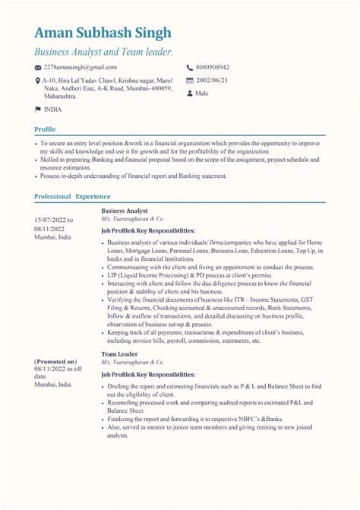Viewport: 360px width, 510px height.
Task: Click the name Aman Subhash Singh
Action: click(x=103, y=33)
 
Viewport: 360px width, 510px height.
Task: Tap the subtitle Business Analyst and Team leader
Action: click(x=103, y=52)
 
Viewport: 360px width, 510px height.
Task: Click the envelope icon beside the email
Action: click(x=38, y=68)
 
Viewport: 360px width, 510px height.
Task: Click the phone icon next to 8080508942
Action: click(x=189, y=68)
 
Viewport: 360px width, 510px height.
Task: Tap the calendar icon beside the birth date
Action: click(x=189, y=81)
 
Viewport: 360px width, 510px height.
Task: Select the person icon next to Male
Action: click(x=189, y=93)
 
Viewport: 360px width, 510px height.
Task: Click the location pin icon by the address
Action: click(x=38, y=81)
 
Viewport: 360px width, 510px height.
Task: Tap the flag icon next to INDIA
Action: click(x=38, y=110)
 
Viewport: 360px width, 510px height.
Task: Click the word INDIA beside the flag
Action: click(x=54, y=110)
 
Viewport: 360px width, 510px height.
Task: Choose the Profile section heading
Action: click(x=45, y=129)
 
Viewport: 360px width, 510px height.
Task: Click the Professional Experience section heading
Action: click(x=72, y=196)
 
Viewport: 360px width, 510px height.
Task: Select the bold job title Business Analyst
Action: click(x=124, y=211)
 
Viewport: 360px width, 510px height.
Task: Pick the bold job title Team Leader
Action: click(x=119, y=354)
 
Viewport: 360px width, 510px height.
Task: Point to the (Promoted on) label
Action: click(x=55, y=361)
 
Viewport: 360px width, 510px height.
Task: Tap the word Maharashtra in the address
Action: click(x=59, y=97)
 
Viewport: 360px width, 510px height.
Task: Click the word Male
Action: click(x=202, y=93)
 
